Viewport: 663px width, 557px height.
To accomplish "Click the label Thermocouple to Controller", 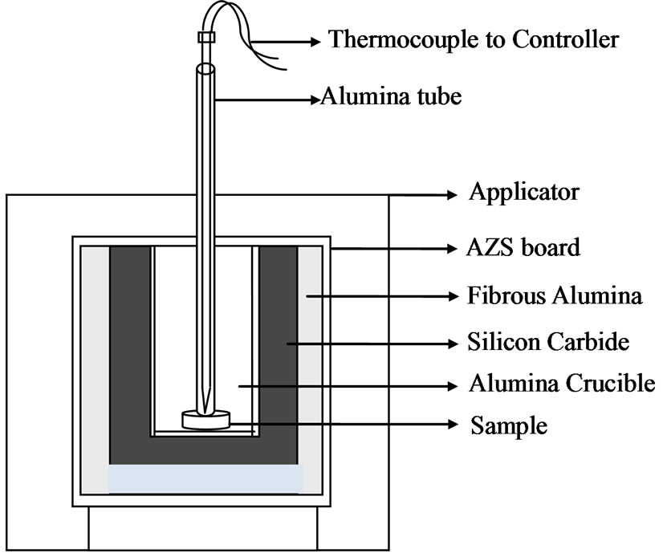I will pos(474,39).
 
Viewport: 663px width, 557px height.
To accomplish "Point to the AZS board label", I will pos(523,247).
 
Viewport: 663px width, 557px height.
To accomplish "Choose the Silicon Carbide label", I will pos(547,343).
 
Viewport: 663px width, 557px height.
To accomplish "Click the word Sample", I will pos(509,425).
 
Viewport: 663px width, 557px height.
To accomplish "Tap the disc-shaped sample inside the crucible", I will pos(206,418).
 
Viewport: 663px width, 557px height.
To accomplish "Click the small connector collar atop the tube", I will pos(205,36).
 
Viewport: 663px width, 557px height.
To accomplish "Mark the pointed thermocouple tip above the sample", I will pos(207,397).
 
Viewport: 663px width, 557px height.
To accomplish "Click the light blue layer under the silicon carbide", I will pos(206,479).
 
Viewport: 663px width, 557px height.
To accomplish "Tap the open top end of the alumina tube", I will pos(205,69).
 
